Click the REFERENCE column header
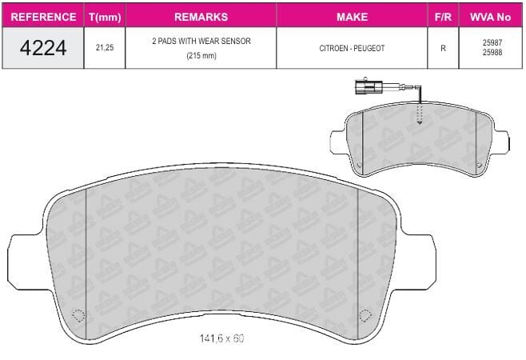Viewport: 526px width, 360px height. [x=43, y=17]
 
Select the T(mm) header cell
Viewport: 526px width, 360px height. [x=105, y=17]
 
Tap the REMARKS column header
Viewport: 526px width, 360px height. [x=201, y=17]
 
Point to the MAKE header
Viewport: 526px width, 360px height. [x=352, y=17]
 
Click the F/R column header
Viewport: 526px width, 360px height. [x=443, y=17]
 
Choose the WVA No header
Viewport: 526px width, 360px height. [x=490, y=17]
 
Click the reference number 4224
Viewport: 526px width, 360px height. [x=43, y=48]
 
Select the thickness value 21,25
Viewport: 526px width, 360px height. [x=105, y=48]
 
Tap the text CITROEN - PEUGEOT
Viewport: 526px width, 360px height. [x=352, y=48]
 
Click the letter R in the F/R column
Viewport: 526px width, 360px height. [x=443, y=48]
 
